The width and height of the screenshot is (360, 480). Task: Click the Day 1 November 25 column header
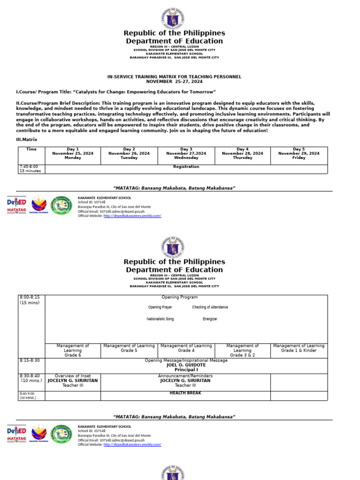tap(73, 153)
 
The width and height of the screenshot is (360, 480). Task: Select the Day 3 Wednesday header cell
tap(186, 153)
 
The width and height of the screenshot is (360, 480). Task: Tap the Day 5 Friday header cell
tap(299, 153)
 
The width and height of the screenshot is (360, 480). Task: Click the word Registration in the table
tap(186, 167)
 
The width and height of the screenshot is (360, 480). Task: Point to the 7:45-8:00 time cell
tap(29, 169)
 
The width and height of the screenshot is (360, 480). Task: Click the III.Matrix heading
tap(26, 140)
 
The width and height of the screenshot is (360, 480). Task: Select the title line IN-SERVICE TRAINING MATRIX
tap(174, 76)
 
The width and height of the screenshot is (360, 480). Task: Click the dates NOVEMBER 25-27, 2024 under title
tap(174, 81)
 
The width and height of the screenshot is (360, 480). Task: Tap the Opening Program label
tap(180, 297)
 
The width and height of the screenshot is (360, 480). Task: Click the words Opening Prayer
tap(160, 307)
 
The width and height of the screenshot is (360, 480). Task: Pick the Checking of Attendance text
tap(210, 307)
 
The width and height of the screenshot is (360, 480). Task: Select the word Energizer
tap(210, 319)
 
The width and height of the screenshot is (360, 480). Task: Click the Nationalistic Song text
tap(160, 319)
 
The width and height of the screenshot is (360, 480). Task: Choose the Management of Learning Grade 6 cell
tap(73, 351)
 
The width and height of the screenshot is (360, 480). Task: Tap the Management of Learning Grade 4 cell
tap(186, 348)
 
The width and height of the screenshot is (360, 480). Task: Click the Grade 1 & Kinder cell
tap(299, 348)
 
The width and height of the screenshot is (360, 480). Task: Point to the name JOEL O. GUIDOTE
tap(186, 365)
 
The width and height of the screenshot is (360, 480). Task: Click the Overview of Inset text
tap(73, 376)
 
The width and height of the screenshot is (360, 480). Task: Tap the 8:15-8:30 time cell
tap(30, 360)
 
